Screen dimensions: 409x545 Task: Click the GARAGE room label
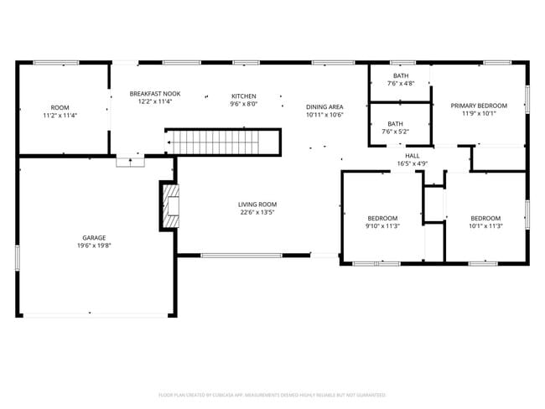pyautogui.click(x=94, y=237)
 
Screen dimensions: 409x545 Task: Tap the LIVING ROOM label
pyautogui.click(x=257, y=204)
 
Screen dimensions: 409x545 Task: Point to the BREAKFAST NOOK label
pyautogui.click(x=155, y=94)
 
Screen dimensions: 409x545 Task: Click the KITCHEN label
pyautogui.click(x=244, y=96)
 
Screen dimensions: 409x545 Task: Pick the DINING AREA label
pyautogui.click(x=324, y=106)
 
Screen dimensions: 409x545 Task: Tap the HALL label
pyautogui.click(x=413, y=155)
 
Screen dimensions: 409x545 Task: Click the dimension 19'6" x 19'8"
pyautogui.click(x=94, y=246)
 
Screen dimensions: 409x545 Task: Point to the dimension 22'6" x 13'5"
pyautogui.click(x=257, y=213)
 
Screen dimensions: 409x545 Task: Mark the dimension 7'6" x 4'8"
pyautogui.click(x=400, y=84)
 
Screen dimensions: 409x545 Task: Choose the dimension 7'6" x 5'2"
pyautogui.click(x=395, y=132)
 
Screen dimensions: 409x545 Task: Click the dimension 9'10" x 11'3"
pyautogui.click(x=383, y=225)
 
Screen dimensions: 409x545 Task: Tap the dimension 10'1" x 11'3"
pyautogui.click(x=486, y=225)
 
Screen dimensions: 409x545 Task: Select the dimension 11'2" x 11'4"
pyautogui.click(x=60, y=115)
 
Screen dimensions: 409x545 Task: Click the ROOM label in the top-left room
pyautogui.click(x=60, y=107)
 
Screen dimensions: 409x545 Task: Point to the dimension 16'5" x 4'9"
pyautogui.click(x=413, y=163)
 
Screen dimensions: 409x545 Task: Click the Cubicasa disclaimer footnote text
pyautogui.click(x=272, y=394)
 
